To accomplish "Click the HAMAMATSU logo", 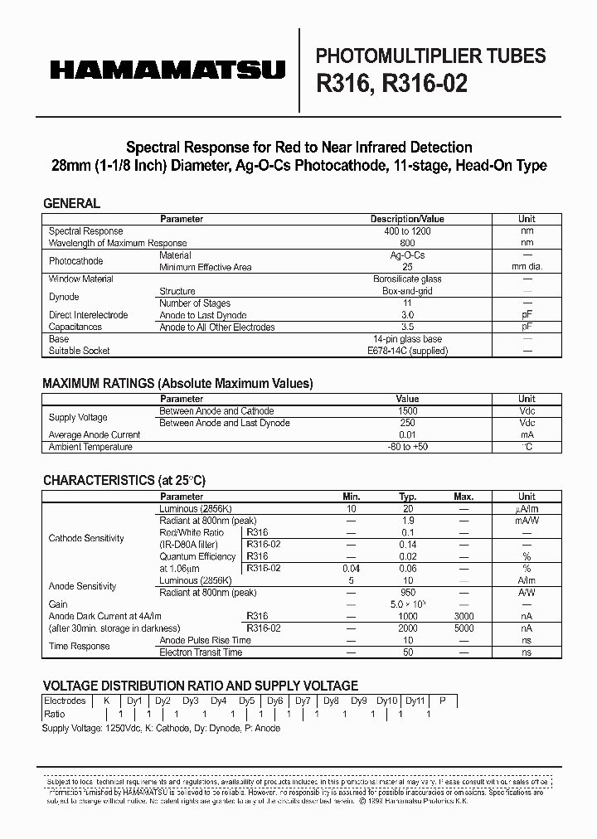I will [x=167, y=71].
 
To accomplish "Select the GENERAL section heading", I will [x=71, y=203].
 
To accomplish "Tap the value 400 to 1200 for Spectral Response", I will [x=407, y=231].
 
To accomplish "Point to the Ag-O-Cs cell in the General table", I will [x=407, y=255].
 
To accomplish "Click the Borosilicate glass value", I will [x=407, y=279].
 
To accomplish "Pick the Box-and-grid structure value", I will [x=407, y=291].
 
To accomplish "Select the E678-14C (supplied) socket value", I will [x=407, y=351].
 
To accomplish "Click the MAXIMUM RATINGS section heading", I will [x=177, y=384].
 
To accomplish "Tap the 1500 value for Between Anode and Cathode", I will [x=407, y=411].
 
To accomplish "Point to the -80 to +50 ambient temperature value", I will [x=407, y=447].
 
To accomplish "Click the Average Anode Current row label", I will [x=95, y=435].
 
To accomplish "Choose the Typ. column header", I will [x=407, y=497].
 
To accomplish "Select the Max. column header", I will [x=464, y=497].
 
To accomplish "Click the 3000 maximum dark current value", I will [x=464, y=617].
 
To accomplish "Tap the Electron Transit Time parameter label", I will [x=201, y=652].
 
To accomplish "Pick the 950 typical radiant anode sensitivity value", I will [x=407, y=593].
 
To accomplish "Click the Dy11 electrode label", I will [x=415, y=701].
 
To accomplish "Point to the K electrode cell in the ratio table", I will [x=106, y=701].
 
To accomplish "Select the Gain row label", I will [x=58, y=604].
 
